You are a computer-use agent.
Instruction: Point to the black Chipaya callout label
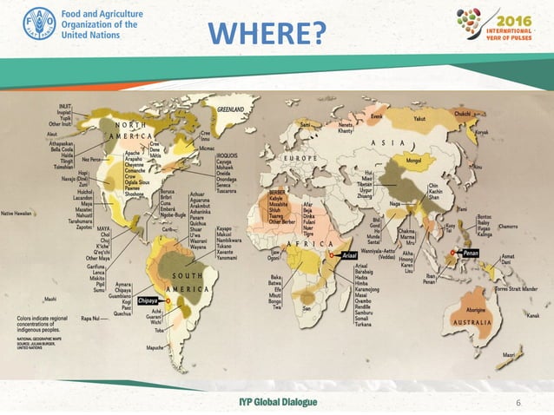[152, 300]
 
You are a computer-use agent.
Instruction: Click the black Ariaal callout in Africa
[346, 256]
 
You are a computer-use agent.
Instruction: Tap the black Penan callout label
[471, 254]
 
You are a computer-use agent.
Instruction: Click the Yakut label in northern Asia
[420, 118]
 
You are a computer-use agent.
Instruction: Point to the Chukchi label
[487, 112]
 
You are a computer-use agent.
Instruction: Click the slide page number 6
[518, 403]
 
